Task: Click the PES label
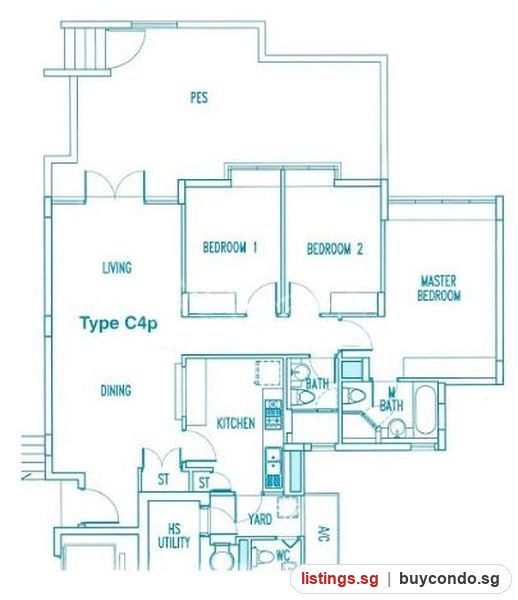[199, 98]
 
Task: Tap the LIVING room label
[117, 267]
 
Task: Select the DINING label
[116, 390]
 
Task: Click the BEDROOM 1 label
[230, 247]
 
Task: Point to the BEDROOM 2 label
[335, 249]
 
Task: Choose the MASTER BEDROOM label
[439, 288]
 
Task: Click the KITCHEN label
[236, 423]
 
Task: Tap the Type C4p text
[119, 324]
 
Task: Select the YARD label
[260, 519]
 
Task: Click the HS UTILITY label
[174, 536]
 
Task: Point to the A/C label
[323, 533]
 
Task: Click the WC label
[283, 555]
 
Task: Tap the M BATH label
[391, 399]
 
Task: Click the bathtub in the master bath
[425, 409]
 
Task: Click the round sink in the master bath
[397, 428]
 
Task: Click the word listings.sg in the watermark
[339, 579]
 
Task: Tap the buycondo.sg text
[449, 579]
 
